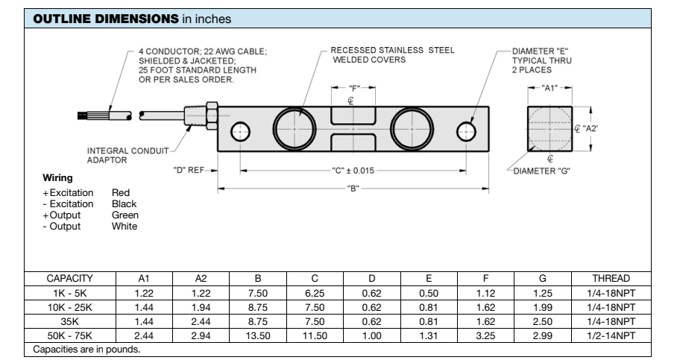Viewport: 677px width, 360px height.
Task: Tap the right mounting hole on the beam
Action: tap(465, 133)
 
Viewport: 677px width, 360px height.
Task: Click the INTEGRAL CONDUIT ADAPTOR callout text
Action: tap(121, 154)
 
